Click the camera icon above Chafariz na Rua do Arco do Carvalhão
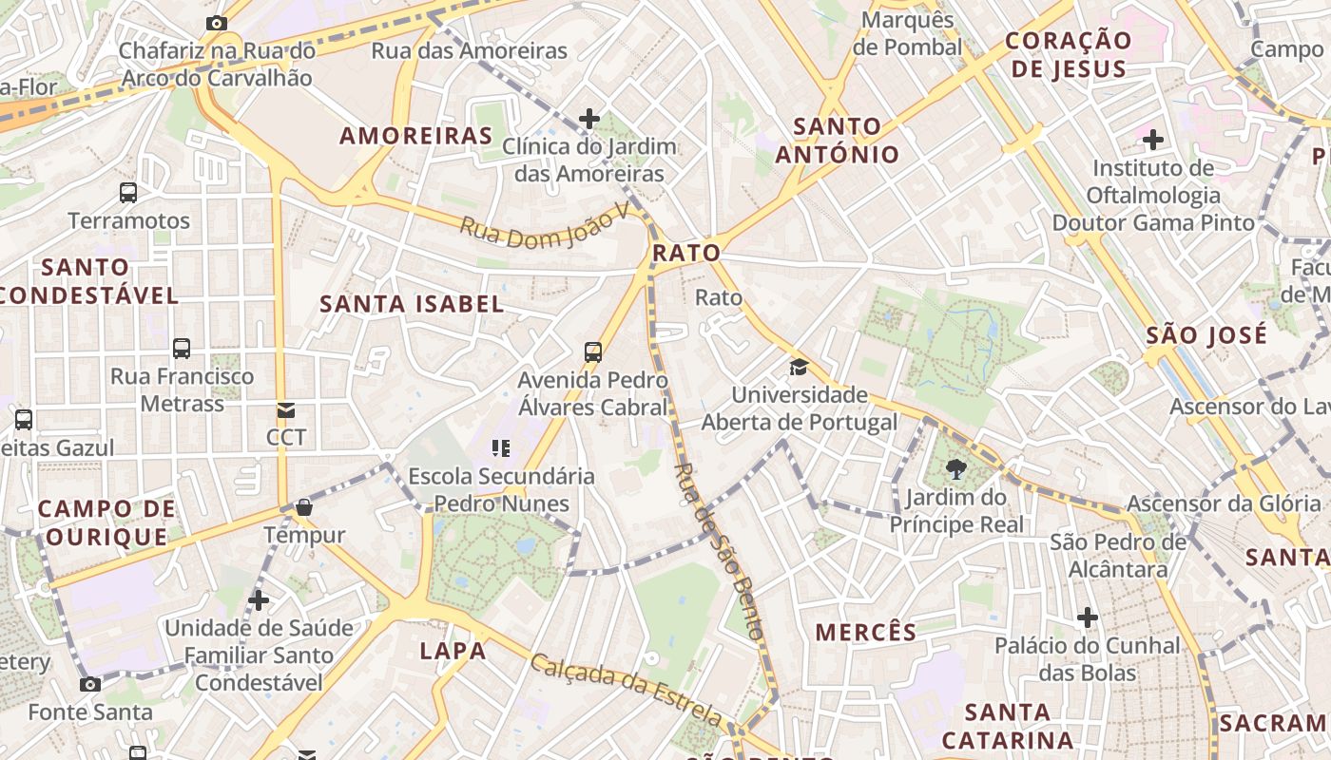pos(217,23)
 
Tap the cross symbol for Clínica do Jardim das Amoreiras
pos(589,119)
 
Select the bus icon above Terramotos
pos(128,193)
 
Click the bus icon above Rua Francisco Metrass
pos(182,349)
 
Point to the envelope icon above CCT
pos(285,410)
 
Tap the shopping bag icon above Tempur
pos(304,507)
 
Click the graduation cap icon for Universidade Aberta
pos(799,367)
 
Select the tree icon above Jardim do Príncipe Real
pos(955,468)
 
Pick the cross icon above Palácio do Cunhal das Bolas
pos(1087,618)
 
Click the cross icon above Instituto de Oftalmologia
pos(1153,141)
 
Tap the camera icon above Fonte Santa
pos(90,684)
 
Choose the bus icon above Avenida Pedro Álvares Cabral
pos(593,352)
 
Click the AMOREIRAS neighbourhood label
pos(415,136)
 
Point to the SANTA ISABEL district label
pos(412,304)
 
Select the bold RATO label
pos(686,254)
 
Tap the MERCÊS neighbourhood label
pos(866,632)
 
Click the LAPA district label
pos(453,651)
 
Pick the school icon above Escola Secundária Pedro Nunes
pos(501,448)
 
